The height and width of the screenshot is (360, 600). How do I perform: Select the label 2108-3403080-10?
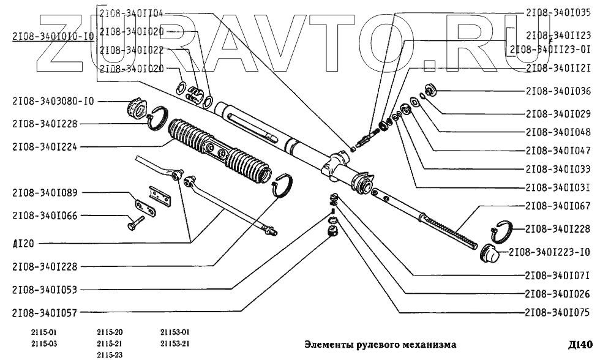point(53,101)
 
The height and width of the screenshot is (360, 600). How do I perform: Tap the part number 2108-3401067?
point(558,206)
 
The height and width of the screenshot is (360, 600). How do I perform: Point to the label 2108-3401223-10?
point(550,252)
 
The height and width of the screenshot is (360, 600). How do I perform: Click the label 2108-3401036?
point(558,91)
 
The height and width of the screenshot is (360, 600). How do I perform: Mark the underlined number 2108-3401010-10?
point(53,36)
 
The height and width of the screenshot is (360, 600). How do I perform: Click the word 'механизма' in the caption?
point(423,343)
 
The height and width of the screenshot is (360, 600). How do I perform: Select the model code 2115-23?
point(110,354)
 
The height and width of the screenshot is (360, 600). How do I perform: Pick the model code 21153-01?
point(175,332)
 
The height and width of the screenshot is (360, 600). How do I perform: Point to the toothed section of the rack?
point(450,230)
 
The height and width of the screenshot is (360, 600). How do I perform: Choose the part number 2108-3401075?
point(558,312)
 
